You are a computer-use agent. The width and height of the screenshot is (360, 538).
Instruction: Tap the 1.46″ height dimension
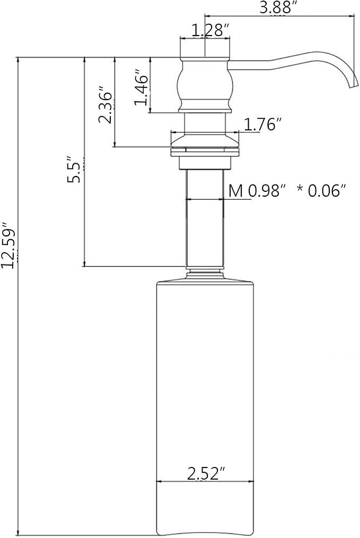click(142, 87)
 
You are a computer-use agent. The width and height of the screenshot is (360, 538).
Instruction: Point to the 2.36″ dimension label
click(106, 107)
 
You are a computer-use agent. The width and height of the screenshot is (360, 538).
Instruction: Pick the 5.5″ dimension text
click(74, 170)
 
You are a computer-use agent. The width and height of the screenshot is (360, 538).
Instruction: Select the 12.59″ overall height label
click(8, 245)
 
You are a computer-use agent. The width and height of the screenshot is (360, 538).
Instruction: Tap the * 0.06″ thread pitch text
click(321, 191)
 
